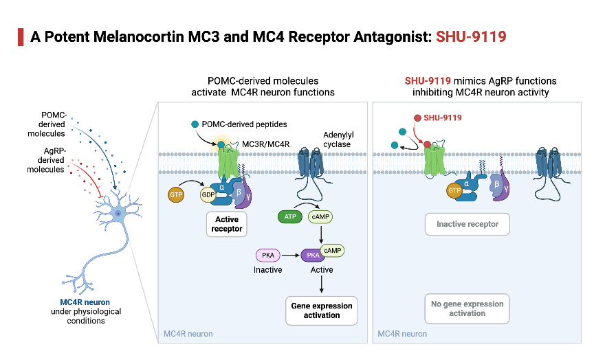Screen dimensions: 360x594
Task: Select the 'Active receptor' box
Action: tap(226, 224)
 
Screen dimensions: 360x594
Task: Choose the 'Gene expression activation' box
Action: tap(322, 311)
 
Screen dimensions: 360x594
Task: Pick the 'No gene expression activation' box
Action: tap(467, 308)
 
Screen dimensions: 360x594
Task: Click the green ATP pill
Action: tap(289, 217)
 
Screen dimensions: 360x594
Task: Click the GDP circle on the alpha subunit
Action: tap(207, 194)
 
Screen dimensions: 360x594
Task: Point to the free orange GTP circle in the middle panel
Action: tap(177, 196)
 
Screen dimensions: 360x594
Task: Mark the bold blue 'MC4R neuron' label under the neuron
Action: tap(85, 302)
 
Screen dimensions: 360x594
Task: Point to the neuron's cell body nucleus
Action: tap(118, 213)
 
